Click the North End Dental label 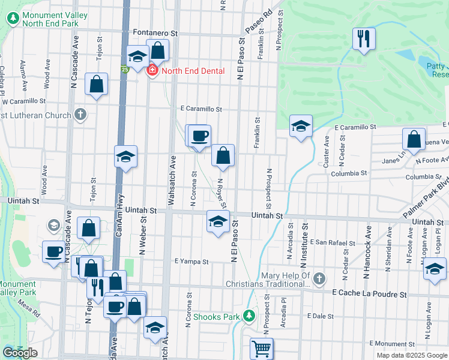[x=193, y=71]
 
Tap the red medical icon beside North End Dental [x=152, y=71]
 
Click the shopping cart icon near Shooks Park [x=261, y=348]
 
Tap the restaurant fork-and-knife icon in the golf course [x=363, y=40]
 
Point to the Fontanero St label [x=155, y=34]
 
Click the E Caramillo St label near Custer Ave [x=355, y=127]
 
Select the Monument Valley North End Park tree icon [x=12, y=18]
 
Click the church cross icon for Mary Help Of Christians [x=319, y=278]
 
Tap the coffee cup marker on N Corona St [x=200, y=136]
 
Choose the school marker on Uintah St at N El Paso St [x=218, y=222]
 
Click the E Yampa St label [x=191, y=262]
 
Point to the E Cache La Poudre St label [x=369, y=295]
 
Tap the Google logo [x=20, y=353]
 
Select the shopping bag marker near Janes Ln [x=414, y=139]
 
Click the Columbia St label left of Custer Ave [x=349, y=173]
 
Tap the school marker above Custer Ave [x=301, y=126]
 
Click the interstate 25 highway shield [x=124, y=70]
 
